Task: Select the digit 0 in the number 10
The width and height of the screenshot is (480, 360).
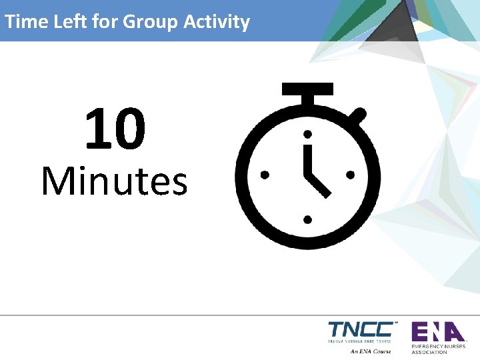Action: click(x=129, y=130)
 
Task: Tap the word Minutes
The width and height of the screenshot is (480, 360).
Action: click(x=114, y=181)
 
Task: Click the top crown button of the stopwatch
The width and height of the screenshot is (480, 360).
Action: click(x=307, y=90)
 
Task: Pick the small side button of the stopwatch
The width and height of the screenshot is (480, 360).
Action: click(x=358, y=117)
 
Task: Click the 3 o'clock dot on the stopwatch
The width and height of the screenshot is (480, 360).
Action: click(x=350, y=175)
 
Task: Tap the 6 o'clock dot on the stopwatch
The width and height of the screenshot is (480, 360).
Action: click(x=307, y=218)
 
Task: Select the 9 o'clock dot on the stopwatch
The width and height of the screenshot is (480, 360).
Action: click(x=265, y=175)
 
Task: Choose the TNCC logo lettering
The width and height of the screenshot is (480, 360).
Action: click(x=361, y=330)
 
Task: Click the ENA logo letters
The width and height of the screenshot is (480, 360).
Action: click(x=437, y=331)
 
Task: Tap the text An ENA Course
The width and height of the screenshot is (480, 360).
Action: click(x=371, y=351)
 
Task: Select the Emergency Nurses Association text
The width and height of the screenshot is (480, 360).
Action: click(x=438, y=349)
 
